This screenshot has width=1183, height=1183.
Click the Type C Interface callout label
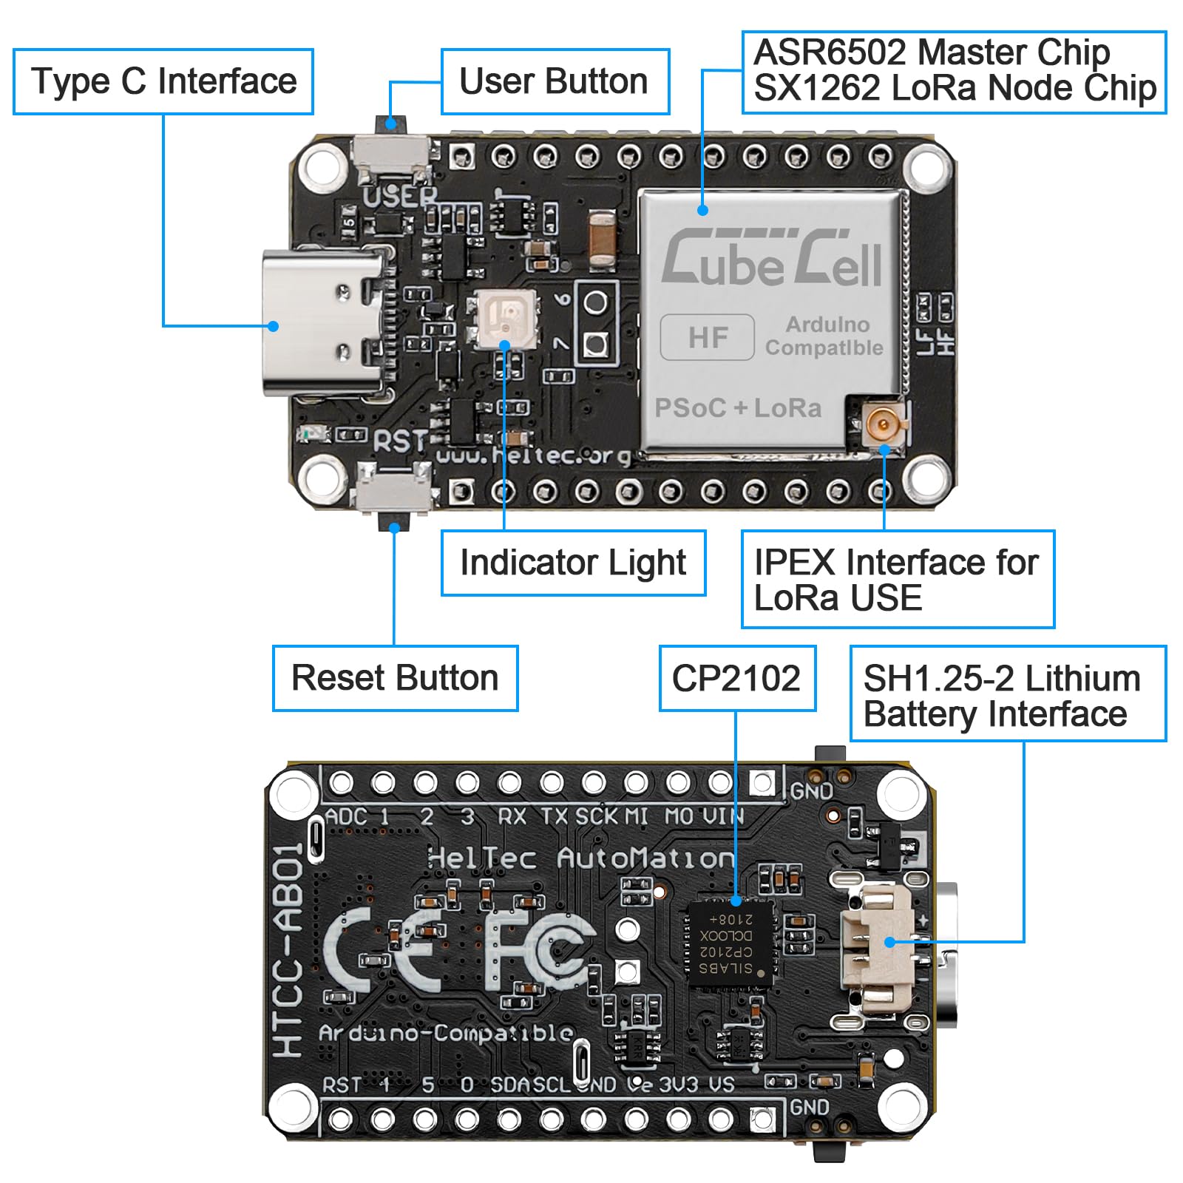[x=163, y=81]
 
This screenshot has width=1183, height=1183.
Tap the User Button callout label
[x=555, y=81]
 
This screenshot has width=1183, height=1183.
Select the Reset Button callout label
[x=395, y=678]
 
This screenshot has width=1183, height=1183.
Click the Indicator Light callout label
[x=573, y=563]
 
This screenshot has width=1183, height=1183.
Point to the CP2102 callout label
[x=736, y=678]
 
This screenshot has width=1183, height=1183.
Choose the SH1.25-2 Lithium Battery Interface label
[x=1007, y=694]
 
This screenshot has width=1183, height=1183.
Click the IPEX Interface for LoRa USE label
[x=897, y=579]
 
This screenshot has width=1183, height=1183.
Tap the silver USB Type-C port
[x=325, y=323]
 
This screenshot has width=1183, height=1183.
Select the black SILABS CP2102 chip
[x=730, y=942]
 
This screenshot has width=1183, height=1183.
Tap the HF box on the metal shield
[x=708, y=337]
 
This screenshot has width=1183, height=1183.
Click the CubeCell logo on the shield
[x=771, y=259]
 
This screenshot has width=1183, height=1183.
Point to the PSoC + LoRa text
[x=738, y=408]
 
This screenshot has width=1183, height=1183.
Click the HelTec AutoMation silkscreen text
[x=580, y=858]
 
